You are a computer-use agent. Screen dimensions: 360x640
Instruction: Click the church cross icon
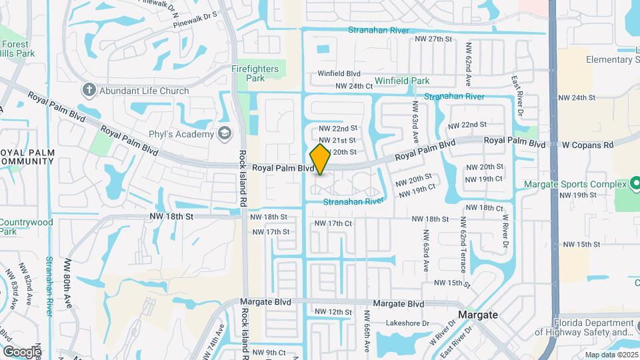coord(89,90)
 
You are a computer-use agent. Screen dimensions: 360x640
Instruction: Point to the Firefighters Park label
coord(257,73)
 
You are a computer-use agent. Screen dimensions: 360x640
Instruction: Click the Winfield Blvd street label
coord(339,73)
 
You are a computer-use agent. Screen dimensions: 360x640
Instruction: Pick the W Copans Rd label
coord(587,145)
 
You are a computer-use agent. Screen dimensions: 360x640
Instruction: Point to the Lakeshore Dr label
coord(409,323)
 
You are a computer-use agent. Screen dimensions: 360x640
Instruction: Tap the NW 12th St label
coord(333,312)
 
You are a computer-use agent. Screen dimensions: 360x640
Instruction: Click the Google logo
coord(22,351)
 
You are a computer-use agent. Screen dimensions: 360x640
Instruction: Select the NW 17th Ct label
coord(333,223)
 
